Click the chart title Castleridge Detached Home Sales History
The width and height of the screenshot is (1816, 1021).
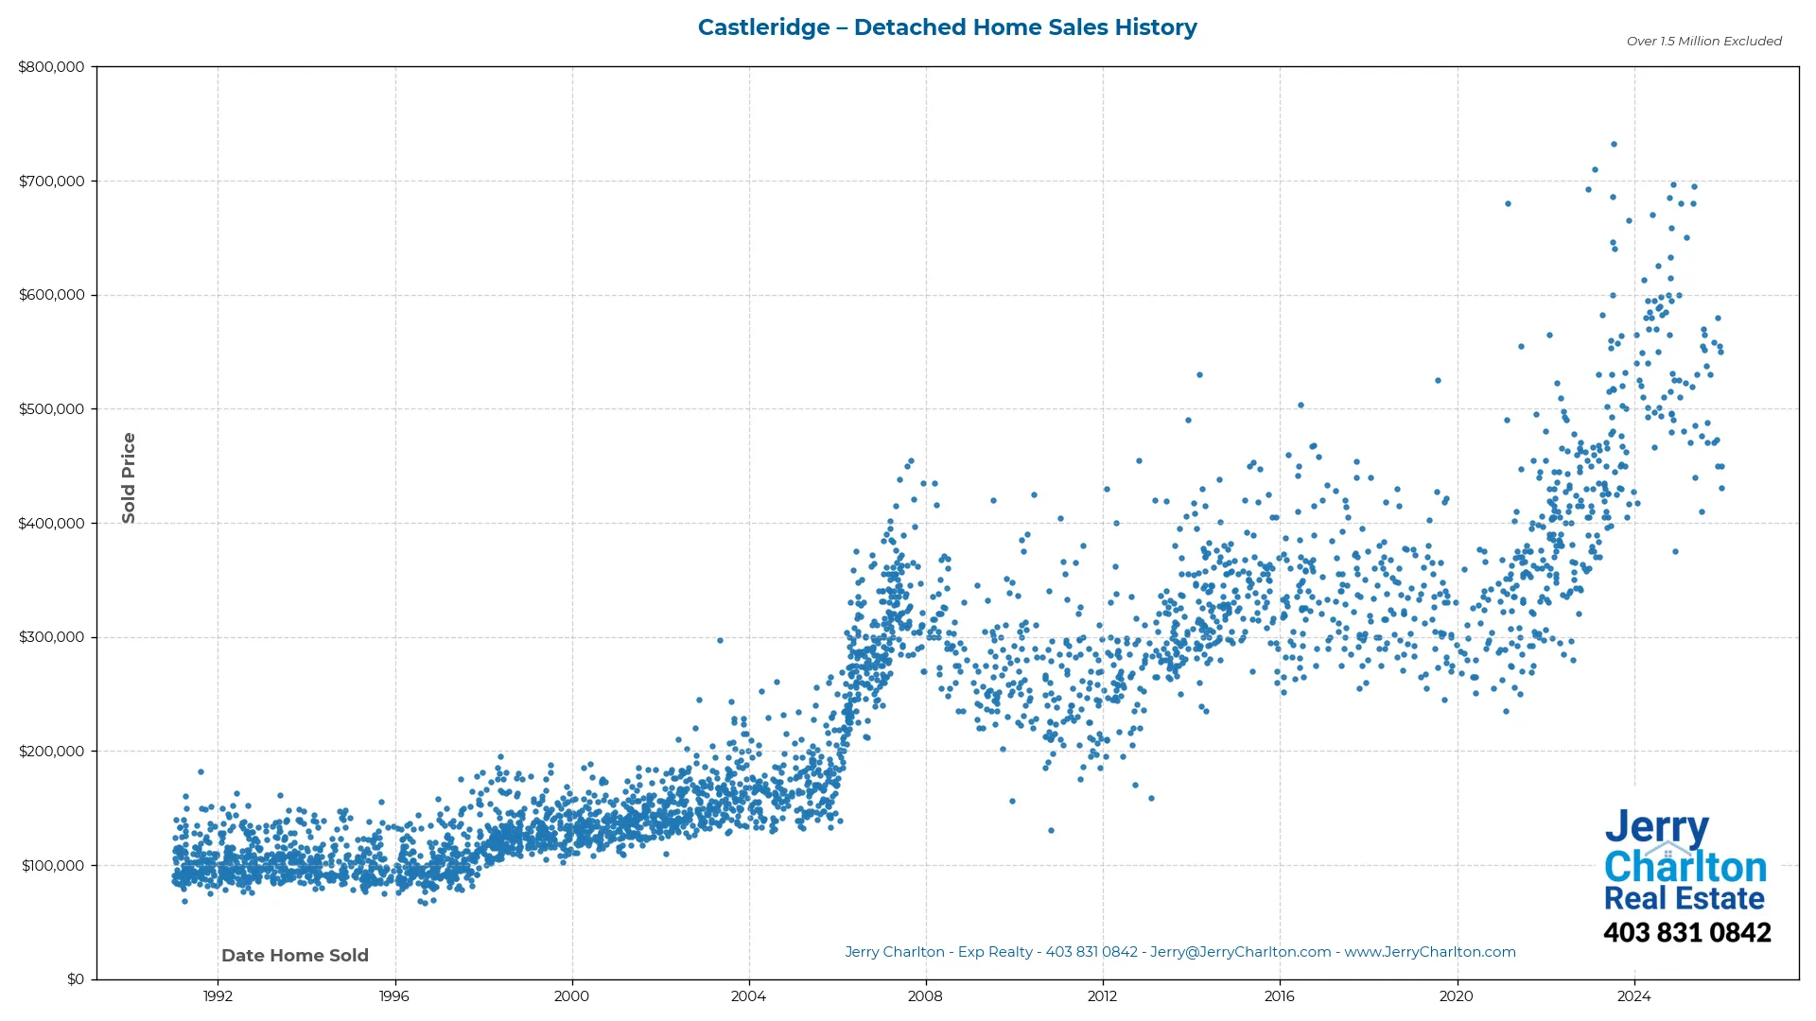tap(947, 27)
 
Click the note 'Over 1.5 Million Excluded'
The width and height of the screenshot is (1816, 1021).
tap(1703, 42)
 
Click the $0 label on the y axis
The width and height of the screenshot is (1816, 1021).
tap(76, 979)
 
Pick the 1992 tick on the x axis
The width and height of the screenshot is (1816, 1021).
tap(218, 996)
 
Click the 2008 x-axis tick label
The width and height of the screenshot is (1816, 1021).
tap(925, 996)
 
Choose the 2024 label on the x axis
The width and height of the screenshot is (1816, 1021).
tap(1633, 996)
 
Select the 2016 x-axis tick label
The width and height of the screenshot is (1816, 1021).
tap(1279, 996)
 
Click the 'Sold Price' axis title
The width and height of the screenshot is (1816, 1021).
tap(129, 477)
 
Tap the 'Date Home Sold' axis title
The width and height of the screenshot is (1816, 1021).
tap(295, 956)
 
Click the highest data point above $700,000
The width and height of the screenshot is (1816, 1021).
tap(1614, 145)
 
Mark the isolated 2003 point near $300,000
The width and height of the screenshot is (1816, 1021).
tap(720, 640)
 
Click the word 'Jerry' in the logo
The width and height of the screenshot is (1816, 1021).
tap(1656, 827)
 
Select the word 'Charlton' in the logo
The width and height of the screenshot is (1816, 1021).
tap(1685, 867)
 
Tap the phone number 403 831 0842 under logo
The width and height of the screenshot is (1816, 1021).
tap(1686, 933)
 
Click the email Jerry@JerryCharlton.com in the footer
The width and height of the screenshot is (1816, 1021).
tap(1240, 952)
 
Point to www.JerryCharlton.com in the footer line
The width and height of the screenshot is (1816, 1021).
tap(1429, 952)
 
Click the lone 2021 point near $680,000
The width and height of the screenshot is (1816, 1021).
tap(1508, 203)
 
